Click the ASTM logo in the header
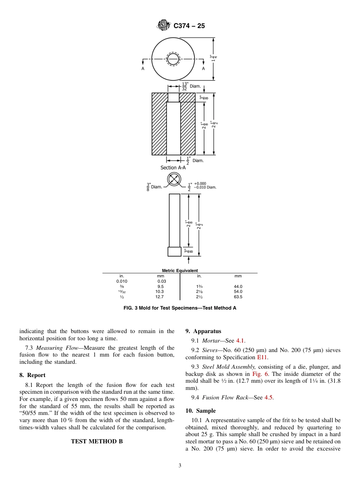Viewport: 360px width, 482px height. (x=164, y=26)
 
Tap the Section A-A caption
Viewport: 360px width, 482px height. (x=173, y=167)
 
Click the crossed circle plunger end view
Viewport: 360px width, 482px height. (x=174, y=179)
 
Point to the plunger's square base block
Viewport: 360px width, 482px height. (x=174, y=252)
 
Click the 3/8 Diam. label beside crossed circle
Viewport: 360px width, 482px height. (x=155, y=186)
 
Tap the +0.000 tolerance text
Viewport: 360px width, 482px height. (x=200, y=183)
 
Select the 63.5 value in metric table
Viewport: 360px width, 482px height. (x=238, y=297)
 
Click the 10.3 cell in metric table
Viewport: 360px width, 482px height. (x=160, y=291)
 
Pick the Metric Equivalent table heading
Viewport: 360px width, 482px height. (x=180, y=271)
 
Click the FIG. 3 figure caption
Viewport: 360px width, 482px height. (x=180, y=308)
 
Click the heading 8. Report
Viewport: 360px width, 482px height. (x=32, y=375)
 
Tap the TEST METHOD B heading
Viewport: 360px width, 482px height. (x=97, y=441)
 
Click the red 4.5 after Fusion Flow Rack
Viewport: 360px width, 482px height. (x=268, y=397)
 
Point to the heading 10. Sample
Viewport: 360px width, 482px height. (x=200, y=411)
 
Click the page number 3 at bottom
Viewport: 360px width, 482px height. (x=180, y=466)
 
